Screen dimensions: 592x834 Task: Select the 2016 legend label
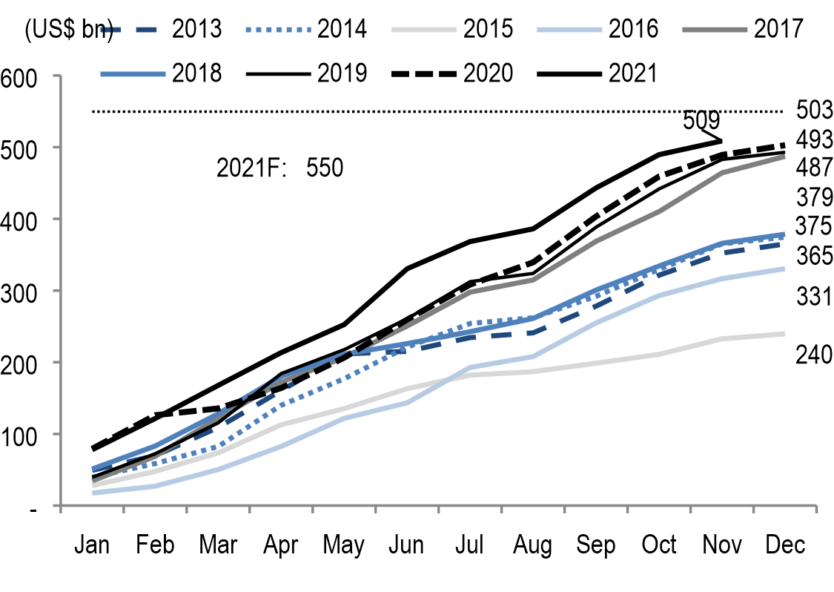click(x=633, y=29)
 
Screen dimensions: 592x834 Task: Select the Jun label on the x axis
click(x=407, y=545)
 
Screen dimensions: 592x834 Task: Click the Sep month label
click(x=596, y=545)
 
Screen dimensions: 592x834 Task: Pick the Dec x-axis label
click(x=785, y=545)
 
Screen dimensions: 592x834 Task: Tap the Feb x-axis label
click(x=155, y=545)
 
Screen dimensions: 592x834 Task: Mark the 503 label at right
click(x=815, y=110)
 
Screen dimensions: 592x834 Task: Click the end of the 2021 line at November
click(x=721, y=140)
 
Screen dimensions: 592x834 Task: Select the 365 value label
click(x=815, y=256)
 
